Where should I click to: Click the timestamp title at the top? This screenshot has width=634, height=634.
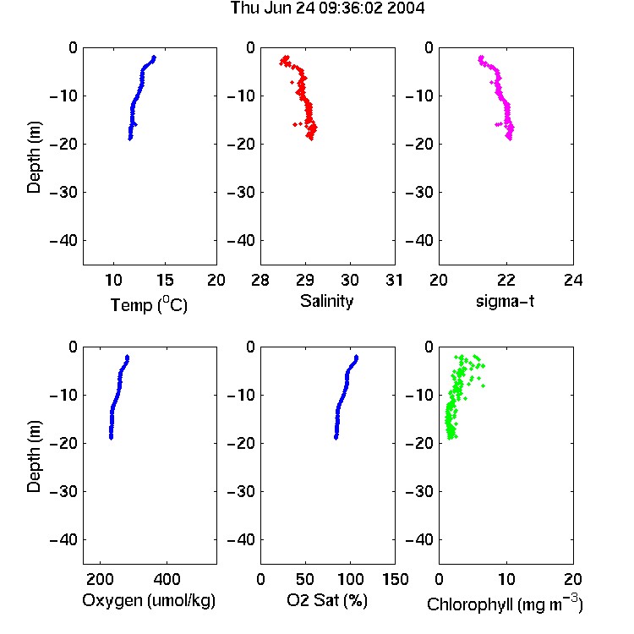[x=327, y=8]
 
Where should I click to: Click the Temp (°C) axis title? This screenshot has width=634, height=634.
[x=149, y=304]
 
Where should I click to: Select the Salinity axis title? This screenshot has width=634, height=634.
[x=326, y=301]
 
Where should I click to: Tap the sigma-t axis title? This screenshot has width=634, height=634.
[x=505, y=301]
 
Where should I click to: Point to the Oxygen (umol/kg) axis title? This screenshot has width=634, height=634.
[x=149, y=600]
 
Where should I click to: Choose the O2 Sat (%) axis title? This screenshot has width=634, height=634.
[x=327, y=600]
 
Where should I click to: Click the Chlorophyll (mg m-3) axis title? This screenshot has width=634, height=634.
[x=505, y=604]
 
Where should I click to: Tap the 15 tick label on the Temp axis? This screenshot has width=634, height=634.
[x=165, y=280]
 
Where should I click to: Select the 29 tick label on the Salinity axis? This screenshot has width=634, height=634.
[x=305, y=280]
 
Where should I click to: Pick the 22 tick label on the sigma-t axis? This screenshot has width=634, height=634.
[x=506, y=280]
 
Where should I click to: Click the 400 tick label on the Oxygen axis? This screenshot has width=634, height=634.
[x=167, y=579]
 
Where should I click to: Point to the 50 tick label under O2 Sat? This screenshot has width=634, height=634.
[x=305, y=579]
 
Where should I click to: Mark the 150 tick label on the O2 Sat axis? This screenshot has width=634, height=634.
[x=395, y=579]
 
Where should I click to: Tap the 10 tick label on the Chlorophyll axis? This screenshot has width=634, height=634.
[x=506, y=579]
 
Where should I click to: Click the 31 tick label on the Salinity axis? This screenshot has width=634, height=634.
[x=394, y=280]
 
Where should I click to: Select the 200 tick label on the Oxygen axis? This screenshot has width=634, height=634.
[x=100, y=579]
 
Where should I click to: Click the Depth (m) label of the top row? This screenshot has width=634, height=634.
[x=34, y=157]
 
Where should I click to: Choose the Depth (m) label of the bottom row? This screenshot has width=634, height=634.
[x=34, y=456]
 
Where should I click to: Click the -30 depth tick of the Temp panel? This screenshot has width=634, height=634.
[x=63, y=192]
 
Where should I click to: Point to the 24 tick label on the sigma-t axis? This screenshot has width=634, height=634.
[x=573, y=280]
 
